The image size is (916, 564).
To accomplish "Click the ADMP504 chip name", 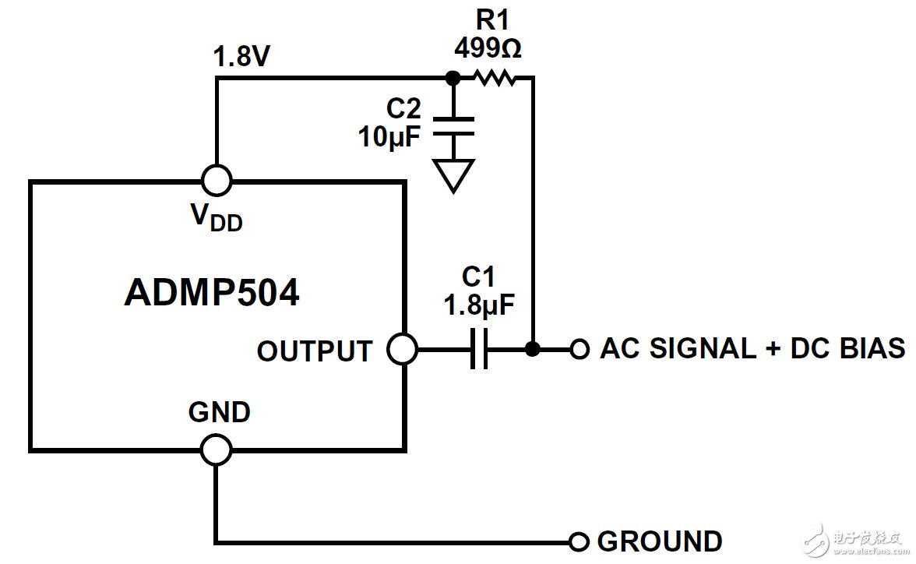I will coord(211,294).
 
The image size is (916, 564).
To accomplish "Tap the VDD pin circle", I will coord(216,181).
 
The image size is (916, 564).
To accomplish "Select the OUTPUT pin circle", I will coord(403,349).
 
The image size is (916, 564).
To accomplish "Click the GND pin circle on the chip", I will coord(216,449).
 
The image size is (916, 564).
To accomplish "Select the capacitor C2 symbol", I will coord(452,126).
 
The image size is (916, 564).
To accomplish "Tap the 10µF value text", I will coord(389,137).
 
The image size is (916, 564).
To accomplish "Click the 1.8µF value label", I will coord(479,305).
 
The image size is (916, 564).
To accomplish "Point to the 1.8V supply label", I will coord(243,58).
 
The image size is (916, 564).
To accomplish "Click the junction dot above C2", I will coord(452,77).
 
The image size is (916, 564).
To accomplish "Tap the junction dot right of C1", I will coord(533,349).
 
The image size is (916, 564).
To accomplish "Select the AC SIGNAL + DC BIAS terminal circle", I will coord(579,349).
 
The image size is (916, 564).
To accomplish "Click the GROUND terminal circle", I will coord(579,541).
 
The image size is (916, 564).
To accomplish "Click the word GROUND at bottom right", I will coord(659,541).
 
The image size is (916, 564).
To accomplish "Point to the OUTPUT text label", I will coord(315,351).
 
